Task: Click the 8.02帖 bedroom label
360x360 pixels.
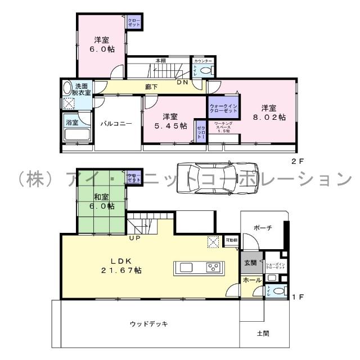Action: coord(268,112)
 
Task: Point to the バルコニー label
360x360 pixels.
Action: coord(116,124)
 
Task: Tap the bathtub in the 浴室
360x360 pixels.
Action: coord(76,135)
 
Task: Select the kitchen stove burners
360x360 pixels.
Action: coord(213,267)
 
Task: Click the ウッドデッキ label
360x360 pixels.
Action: coord(148,324)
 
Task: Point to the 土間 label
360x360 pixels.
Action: coord(262,333)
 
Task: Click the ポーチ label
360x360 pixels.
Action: coord(263,228)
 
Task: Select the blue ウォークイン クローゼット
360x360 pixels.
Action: coord(224,107)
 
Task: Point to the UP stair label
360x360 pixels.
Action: coord(135,238)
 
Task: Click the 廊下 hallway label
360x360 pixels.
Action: coord(151,87)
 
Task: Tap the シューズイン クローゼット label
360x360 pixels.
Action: coord(275,265)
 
